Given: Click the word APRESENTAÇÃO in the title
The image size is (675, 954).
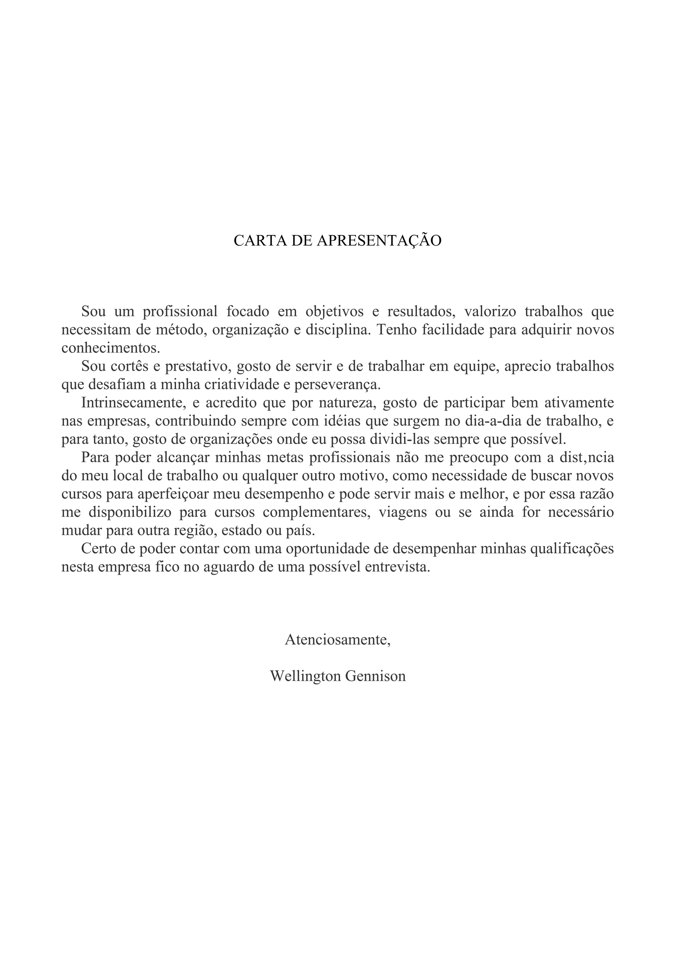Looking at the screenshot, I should (x=379, y=241).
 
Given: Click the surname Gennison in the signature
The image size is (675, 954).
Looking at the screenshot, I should (x=375, y=676).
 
